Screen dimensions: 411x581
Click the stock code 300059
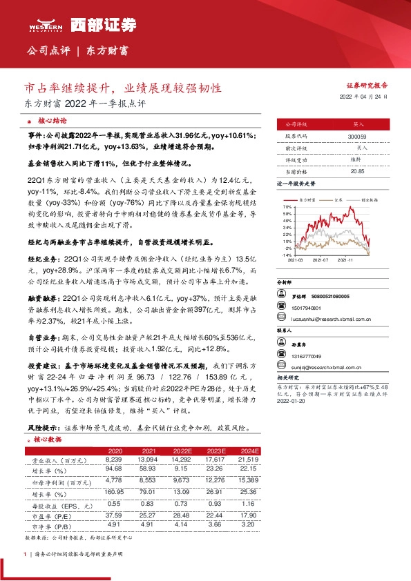[357, 137]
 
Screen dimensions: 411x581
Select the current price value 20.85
[357, 170]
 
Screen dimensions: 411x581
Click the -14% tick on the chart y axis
[287, 255]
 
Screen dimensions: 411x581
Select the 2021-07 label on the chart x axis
[320, 260]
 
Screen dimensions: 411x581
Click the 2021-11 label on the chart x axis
[345, 260]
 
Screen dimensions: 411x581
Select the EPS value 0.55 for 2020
[115, 504]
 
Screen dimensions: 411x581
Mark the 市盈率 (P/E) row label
[52, 514]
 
